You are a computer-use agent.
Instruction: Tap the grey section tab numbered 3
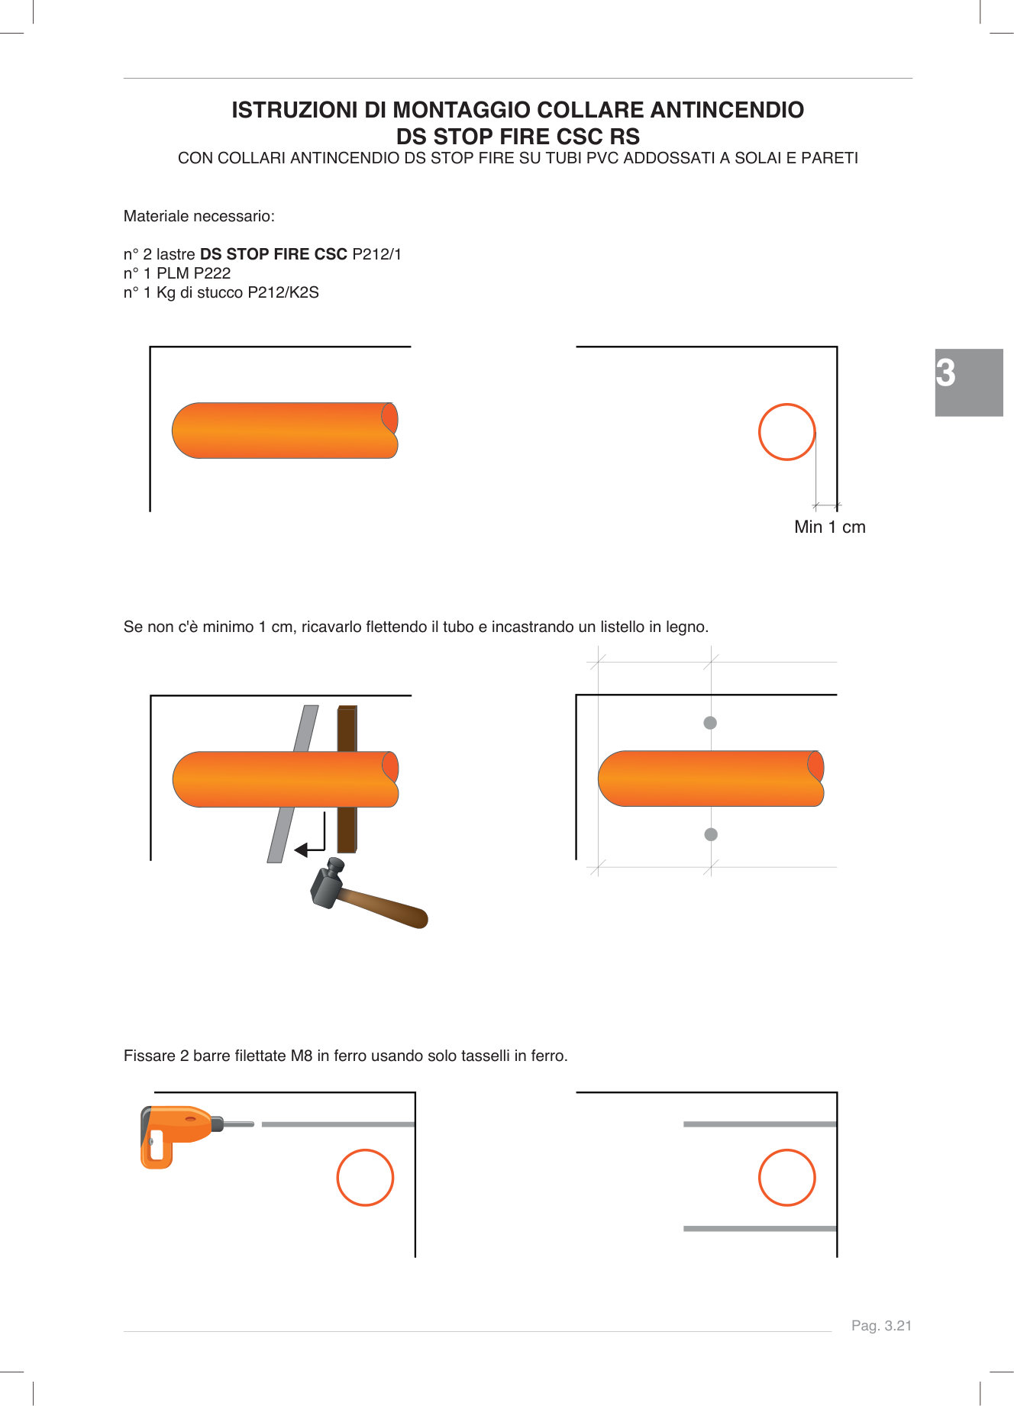968,382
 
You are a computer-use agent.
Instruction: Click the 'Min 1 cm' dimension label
829,527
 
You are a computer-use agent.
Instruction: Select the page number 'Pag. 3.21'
881,1326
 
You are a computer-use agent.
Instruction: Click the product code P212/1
376,254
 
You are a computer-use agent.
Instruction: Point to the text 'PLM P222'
193,273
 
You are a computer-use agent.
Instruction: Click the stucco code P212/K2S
283,292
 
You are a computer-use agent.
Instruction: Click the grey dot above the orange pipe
710,723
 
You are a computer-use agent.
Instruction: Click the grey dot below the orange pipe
711,834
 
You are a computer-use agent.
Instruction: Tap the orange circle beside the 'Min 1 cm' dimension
786,432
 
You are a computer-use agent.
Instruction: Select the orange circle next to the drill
365,1178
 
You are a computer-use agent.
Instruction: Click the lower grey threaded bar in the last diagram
760,1229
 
